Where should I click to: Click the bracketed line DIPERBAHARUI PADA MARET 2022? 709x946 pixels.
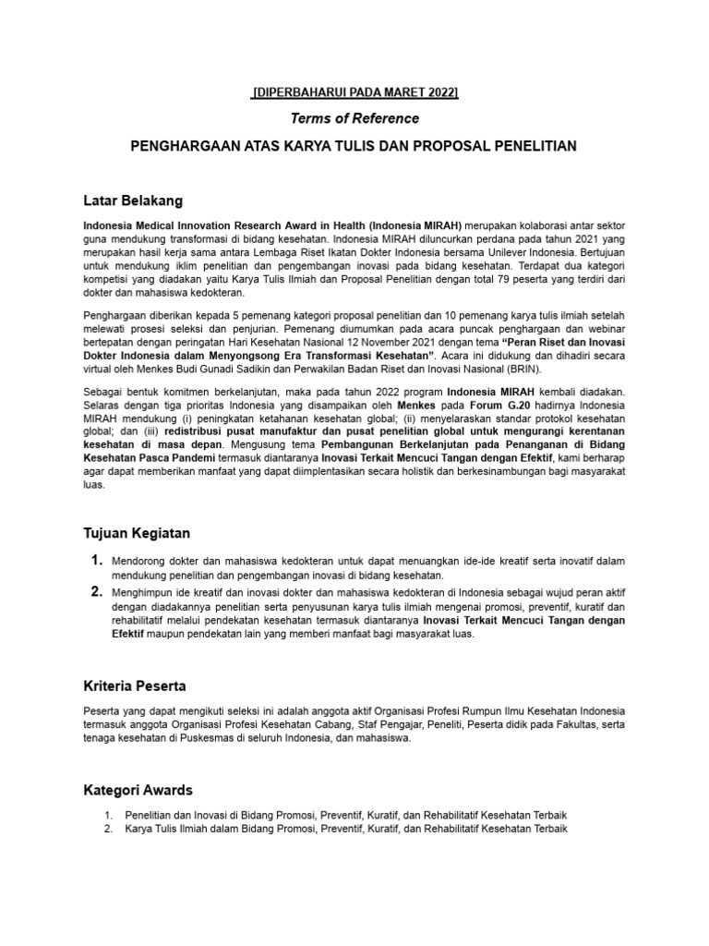click(x=355, y=92)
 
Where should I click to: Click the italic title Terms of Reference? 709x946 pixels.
click(x=355, y=118)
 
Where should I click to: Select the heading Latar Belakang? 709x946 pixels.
click(x=133, y=200)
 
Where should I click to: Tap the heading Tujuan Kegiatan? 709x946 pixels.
click(x=138, y=533)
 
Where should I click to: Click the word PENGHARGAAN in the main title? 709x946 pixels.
click(x=181, y=147)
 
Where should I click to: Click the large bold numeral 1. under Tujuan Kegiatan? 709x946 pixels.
click(x=96, y=561)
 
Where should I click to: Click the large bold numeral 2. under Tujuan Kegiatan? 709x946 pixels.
click(x=96, y=591)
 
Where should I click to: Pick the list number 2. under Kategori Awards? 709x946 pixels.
click(x=108, y=829)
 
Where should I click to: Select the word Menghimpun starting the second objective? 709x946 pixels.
click(x=142, y=592)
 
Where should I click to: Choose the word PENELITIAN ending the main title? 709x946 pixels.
click(x=534, y=147)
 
